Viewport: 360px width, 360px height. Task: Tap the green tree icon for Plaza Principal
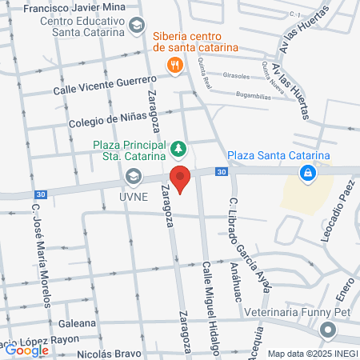[x=178, y=148]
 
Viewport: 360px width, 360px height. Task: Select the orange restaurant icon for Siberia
[x=173, y=67]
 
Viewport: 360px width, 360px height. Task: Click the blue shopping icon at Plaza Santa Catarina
[x=306, y=173]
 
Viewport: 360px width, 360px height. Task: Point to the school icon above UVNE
[x=133, y=176]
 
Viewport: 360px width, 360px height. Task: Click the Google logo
[x=26, y=350]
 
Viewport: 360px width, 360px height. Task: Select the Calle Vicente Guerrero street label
[x=104, y=86]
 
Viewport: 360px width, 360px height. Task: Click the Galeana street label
[x=78, y=325]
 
